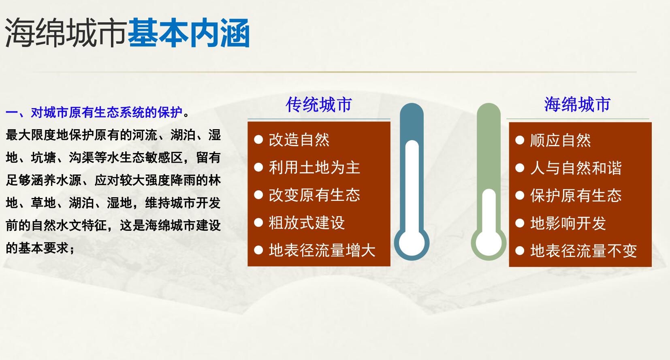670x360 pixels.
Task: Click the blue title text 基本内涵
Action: point(189,32)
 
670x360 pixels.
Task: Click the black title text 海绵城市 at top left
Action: point(66,32)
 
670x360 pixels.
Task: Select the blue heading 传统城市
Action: point(319,104)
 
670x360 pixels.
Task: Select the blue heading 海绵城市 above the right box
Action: point(577,104)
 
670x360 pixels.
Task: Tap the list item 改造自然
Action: point(299,140)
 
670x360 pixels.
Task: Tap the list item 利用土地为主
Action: point(314,167)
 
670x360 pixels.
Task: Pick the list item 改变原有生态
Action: point(314,195)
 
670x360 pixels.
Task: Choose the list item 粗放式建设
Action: point(307,223)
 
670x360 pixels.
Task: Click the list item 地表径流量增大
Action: point(322,250)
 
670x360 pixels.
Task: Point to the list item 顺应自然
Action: point(561,140)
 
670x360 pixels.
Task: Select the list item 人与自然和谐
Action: point(576,168)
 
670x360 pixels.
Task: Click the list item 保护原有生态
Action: point(576,195)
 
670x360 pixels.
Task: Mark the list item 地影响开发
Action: point(568,223)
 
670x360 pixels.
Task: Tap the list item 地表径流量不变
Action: point(583,251)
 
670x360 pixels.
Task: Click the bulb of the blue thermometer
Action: point(412,243)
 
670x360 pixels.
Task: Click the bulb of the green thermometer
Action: point(489,243)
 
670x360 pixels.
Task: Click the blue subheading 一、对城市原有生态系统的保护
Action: point(94,113)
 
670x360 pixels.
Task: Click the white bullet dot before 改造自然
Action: point(258,140)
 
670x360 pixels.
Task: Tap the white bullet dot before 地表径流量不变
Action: point(520,251)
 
